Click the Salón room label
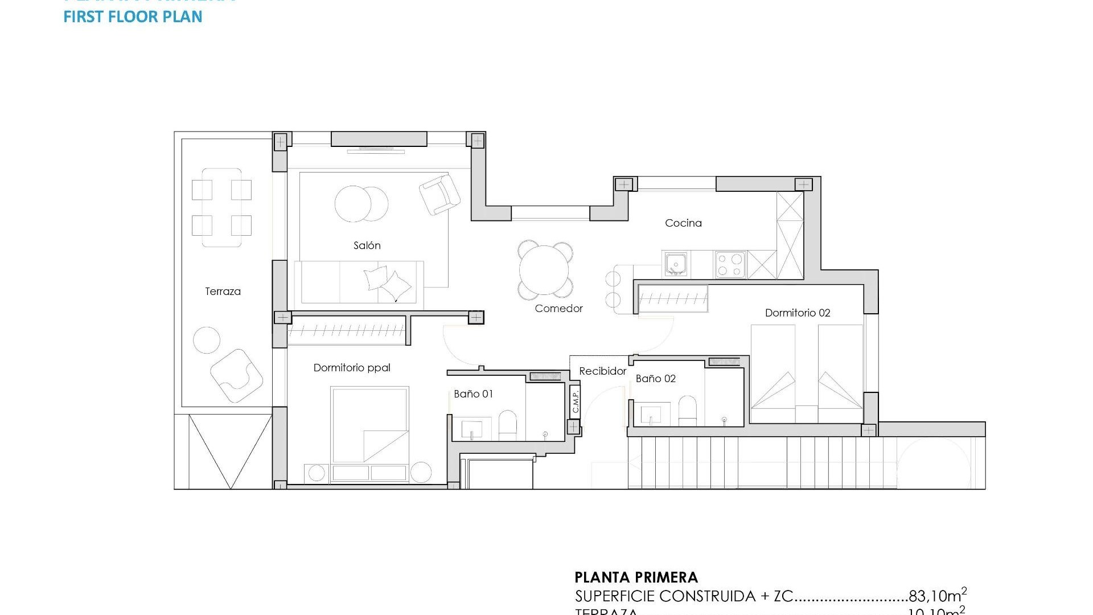[367, 245]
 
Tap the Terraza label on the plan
[223, 292]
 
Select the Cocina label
[683, 223]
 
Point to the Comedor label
[558, 309]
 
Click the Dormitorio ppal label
[352, 368]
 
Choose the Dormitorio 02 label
[797, 313]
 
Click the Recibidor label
[602, 371]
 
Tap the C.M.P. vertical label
[575, 401]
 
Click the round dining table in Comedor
[545, 270]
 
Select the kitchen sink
[676, 265]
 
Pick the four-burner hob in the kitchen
[730, 265]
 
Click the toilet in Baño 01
[507, 426]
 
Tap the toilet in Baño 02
[688, 411]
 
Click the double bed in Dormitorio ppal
[370, 425]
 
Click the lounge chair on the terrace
[236, 375]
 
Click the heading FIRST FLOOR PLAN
[133, 17]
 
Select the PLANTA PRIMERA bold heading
[636, 577]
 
